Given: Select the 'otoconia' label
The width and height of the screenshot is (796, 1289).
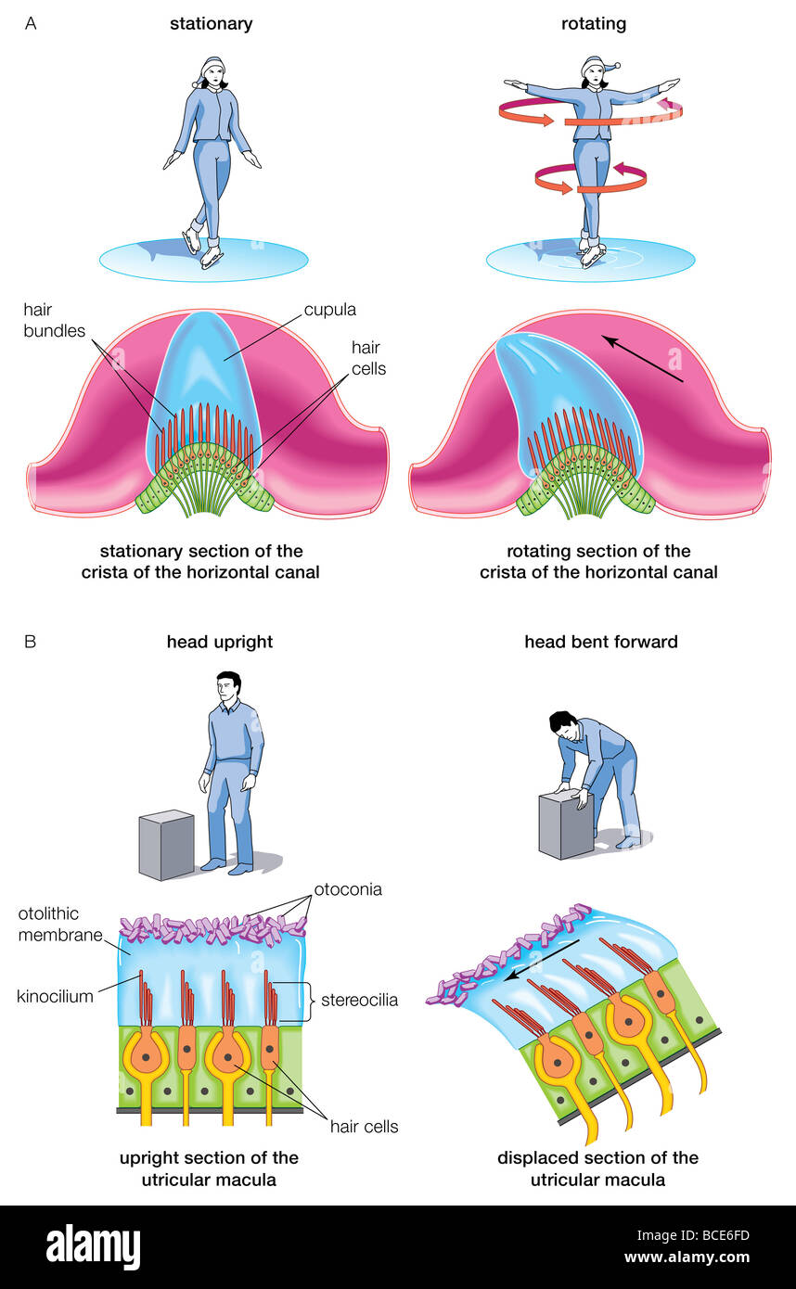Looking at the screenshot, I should (x=348, y=889).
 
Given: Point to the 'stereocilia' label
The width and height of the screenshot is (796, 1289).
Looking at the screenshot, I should (x=359, y=1000).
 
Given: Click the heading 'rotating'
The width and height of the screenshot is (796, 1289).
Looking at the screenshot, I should (x=593, y=24).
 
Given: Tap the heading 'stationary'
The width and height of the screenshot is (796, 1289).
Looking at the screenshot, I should (x=211, y=24).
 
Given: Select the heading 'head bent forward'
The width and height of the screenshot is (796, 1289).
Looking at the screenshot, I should (x=600, y=642).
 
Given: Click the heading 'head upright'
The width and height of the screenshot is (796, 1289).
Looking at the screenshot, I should (x=220, y=642).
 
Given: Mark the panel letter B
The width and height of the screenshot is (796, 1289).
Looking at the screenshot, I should (x=31, y=642).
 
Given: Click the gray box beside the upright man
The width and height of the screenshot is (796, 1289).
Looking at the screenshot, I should (x=166, y=844).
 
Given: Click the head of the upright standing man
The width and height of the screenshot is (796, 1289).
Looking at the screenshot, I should (x=228, y=688).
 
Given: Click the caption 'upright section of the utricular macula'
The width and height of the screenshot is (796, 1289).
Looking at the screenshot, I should (x=209, y=1168).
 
